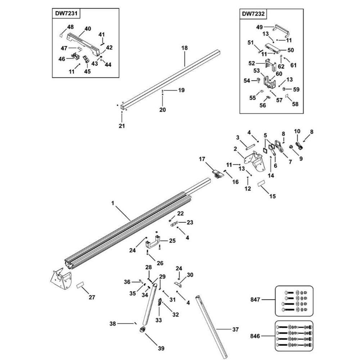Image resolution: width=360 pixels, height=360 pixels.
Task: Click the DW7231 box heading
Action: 65,14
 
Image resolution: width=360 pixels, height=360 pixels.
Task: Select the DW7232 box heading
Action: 253,14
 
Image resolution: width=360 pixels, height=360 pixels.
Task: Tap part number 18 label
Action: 185,48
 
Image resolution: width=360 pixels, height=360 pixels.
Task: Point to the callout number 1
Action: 113,203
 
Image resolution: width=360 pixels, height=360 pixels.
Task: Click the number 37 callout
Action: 235,329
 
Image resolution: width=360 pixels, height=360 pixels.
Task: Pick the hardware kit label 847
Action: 255,299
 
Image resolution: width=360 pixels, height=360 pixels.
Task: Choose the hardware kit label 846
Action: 255,337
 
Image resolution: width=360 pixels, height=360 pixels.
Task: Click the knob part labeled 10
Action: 300,145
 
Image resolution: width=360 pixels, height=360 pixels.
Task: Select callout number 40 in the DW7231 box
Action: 88,29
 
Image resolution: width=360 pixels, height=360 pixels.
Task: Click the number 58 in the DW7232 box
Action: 295,104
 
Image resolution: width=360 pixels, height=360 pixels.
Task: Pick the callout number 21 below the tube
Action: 122,126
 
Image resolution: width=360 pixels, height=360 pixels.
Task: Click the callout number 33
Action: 159,320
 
